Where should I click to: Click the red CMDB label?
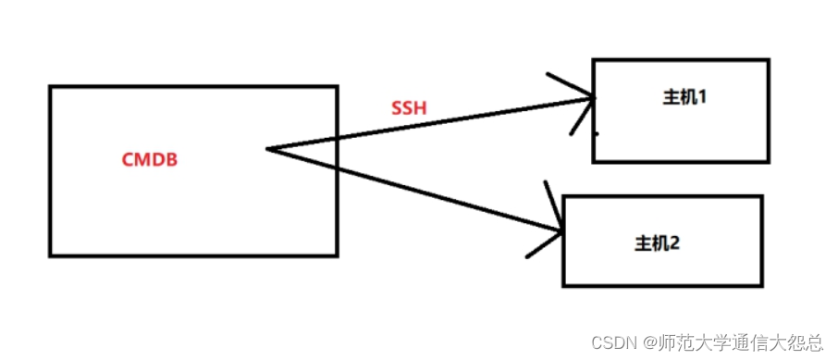[149, 159]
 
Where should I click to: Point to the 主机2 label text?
[657, 243]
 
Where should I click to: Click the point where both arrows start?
[267, 148]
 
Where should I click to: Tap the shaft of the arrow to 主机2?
[416, 189]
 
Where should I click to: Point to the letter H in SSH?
[421, 108]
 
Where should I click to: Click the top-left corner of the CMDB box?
[50, 87]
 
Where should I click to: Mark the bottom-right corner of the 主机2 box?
[762, 284]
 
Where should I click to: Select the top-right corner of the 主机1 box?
[768, 61]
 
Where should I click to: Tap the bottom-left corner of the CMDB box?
[50, 254]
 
